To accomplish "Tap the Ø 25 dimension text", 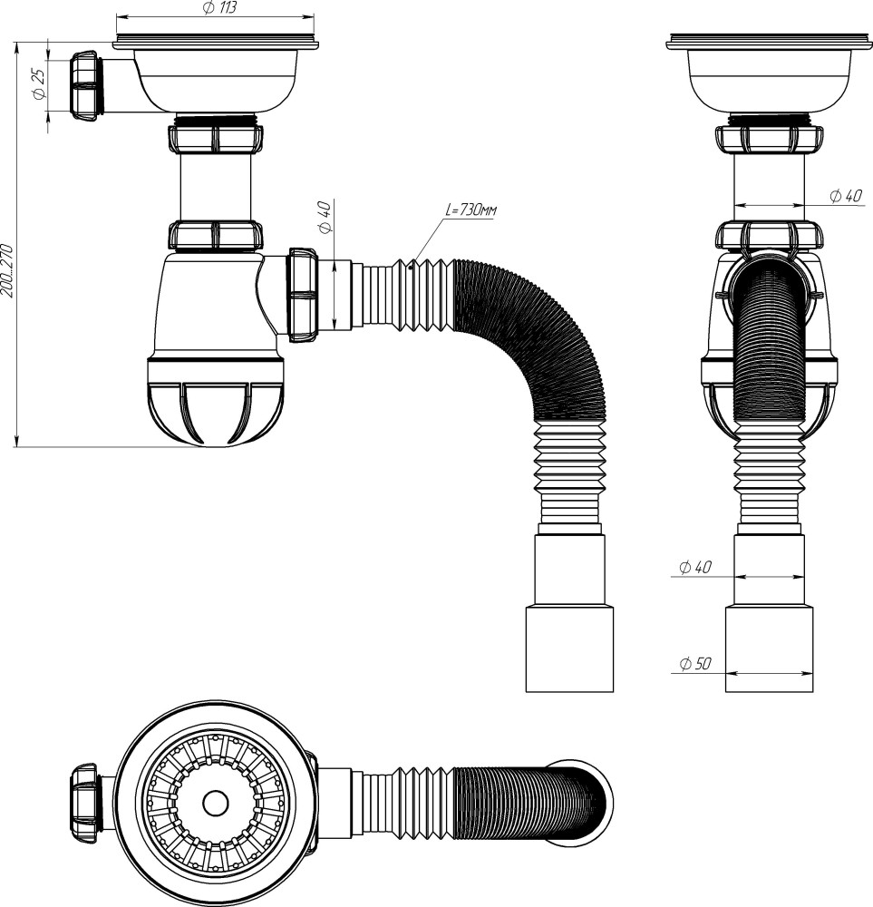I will (39, 83).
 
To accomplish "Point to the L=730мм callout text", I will (471, 210).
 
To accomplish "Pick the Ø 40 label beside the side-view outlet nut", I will (325, 218).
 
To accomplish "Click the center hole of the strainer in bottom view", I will (216, 802).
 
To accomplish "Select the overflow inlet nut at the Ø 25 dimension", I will (84, 83).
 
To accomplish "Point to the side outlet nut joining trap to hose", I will (302, 295).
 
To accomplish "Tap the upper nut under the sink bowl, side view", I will (215, 139).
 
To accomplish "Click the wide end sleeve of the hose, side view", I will (569, 649).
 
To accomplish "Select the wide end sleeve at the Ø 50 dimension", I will (769, 649).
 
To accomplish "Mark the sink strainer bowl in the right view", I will (769, 78).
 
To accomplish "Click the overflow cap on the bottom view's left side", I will (85, 803).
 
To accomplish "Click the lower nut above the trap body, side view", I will (215, 235).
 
